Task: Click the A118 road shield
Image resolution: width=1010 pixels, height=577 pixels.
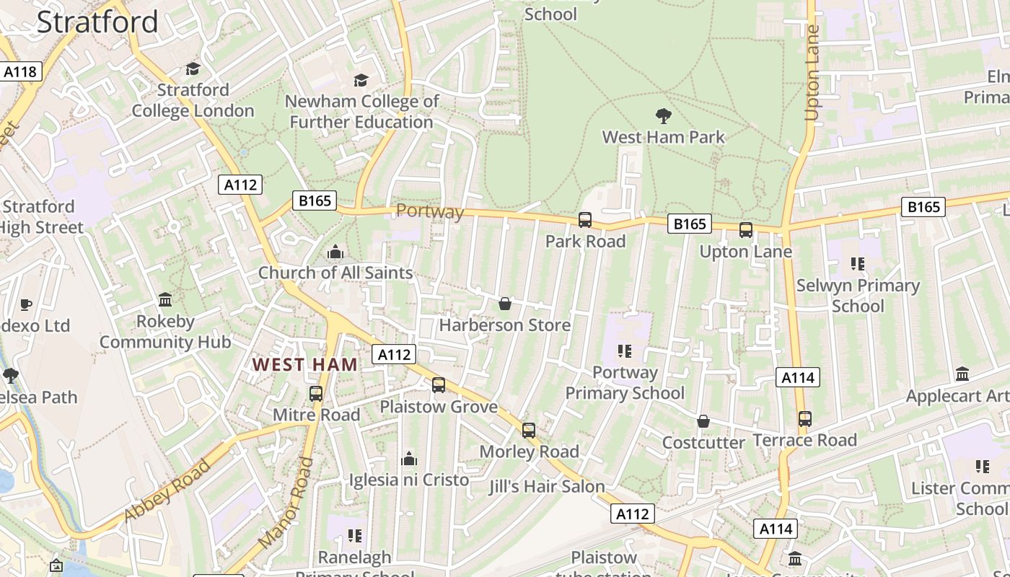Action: tap(21, 71)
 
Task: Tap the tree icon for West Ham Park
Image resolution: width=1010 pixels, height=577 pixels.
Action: tap(663, 116)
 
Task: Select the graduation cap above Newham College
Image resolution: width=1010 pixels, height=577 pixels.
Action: tap(361, 80)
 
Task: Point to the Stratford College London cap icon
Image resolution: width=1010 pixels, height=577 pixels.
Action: tap(193, 69)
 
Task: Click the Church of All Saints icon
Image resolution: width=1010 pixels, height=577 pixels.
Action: tap(335, 252)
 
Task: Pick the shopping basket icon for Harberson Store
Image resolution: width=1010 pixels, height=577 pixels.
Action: tap(505, 304)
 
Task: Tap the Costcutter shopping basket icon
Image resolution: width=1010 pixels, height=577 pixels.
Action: tap(703, 421)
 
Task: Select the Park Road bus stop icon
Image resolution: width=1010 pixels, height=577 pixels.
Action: tap(585, 220)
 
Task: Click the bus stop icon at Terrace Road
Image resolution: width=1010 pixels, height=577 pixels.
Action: tap(804, 418)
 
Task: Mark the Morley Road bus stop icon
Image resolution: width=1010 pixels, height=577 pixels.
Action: tap(529, 431)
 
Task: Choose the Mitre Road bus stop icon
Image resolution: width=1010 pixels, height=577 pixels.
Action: tap(316, 394)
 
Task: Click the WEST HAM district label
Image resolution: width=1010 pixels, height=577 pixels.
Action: tap(304, 365)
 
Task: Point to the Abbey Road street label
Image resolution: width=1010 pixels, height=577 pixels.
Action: tap(167, 490)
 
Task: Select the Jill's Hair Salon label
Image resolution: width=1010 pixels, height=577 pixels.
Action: tap(547, 487)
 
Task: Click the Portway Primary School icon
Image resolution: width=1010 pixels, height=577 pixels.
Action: tap(625, 351)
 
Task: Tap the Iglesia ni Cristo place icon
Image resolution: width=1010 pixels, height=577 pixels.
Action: tap(409, 459)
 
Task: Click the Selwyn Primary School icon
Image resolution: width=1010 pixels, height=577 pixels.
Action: tap(858, 264)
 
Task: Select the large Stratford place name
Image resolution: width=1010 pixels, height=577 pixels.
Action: tap(97, 22)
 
